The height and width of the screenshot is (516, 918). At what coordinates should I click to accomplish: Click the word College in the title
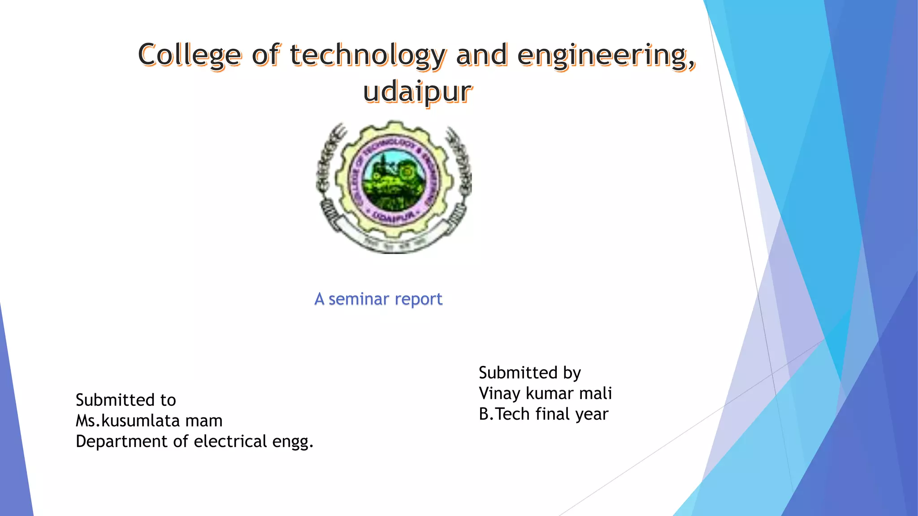[x=190, y=55]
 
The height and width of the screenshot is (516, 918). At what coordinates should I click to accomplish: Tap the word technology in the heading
[x=368, y=56]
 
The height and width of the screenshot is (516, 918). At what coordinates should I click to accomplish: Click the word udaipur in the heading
[x=417, y=92]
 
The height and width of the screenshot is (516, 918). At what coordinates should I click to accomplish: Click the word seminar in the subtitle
[x=359, y=299]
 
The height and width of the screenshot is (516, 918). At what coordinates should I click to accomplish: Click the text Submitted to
[x=126, y=400]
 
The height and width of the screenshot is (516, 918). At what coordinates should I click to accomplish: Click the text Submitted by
[x=529, y=373]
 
